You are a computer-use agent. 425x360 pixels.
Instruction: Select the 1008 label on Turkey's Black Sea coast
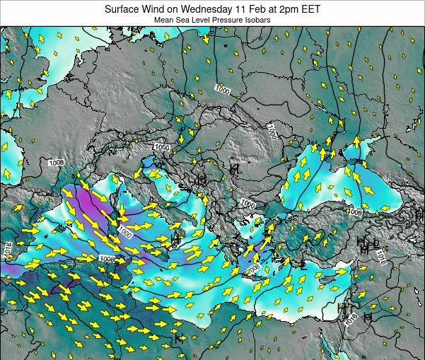[x=354, y=211]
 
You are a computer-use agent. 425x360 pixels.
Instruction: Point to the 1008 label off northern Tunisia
[x=107, y=259]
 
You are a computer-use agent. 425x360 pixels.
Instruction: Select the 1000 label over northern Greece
[x=248, y=204]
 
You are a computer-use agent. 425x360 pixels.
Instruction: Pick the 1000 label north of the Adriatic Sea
[x=162, y=147]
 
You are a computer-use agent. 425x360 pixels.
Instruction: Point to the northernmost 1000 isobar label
[x=222, y=90]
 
